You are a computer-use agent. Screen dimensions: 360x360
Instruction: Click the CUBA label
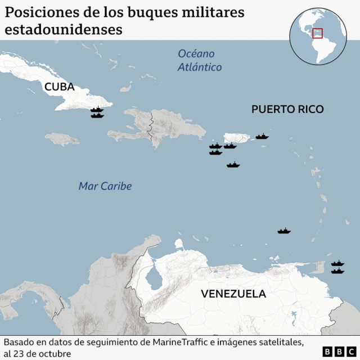[59, 87]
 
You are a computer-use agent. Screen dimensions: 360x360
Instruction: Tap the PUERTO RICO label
[287, 109]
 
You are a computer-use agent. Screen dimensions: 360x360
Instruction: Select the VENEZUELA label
[233, 294]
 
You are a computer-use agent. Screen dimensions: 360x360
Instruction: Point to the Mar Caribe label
[105, 186]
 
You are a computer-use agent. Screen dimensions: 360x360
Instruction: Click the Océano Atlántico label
[197, 61]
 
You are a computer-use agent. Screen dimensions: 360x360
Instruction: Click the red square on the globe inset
[318, 33]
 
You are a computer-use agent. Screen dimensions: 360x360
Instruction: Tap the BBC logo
[335, 352]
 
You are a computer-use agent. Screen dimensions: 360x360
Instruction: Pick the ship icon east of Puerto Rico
[262, 136]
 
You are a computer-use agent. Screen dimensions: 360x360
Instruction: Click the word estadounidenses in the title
[64, 29]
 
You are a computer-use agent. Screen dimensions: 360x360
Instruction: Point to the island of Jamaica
[62, 138]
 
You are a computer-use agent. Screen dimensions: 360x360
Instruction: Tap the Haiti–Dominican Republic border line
[150, 127]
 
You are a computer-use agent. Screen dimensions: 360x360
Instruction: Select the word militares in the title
[211, 12]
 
